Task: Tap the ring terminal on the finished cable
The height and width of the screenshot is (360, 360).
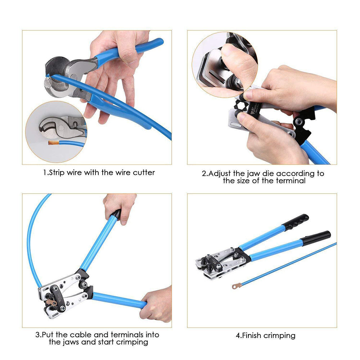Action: [237, 286]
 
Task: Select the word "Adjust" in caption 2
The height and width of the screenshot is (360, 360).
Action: [220, 174]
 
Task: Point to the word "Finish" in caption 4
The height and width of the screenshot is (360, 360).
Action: [252, 336]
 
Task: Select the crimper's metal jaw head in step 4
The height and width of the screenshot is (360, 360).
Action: [216, 265]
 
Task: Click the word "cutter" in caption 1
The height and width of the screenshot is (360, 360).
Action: [143, 172]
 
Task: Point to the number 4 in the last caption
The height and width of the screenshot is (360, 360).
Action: [238, 336]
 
